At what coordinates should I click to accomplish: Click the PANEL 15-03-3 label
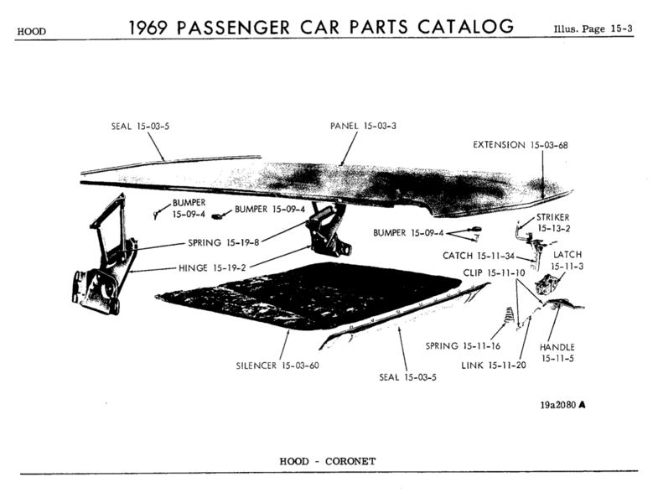point(363,126)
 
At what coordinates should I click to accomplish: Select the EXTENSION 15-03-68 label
point(521,145)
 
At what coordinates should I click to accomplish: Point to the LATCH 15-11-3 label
point(567,259)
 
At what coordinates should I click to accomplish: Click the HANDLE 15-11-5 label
point(557,353)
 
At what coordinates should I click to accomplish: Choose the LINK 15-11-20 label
point(494,365)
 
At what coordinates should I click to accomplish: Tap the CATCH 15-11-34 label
point(479,255)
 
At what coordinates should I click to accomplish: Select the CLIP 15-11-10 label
point(494,273)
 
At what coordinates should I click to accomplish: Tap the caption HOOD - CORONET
point(329,461)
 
